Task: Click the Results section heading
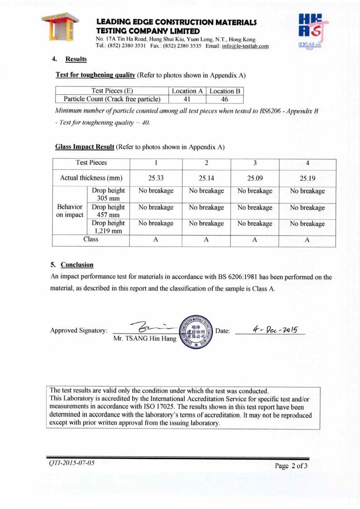(76, 59)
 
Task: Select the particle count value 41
(187, 99)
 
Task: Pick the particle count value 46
(225, 99)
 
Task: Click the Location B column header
(225, 91)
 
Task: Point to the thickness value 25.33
(156, 178)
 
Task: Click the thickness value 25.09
(255, 178)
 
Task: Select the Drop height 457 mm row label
(108, 211)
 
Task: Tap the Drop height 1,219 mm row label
(108, 227)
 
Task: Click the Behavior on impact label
(70, 211)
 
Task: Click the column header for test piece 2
(206, 163)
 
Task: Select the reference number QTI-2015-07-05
(72, 463)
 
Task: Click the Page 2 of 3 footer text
(291, 465)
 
